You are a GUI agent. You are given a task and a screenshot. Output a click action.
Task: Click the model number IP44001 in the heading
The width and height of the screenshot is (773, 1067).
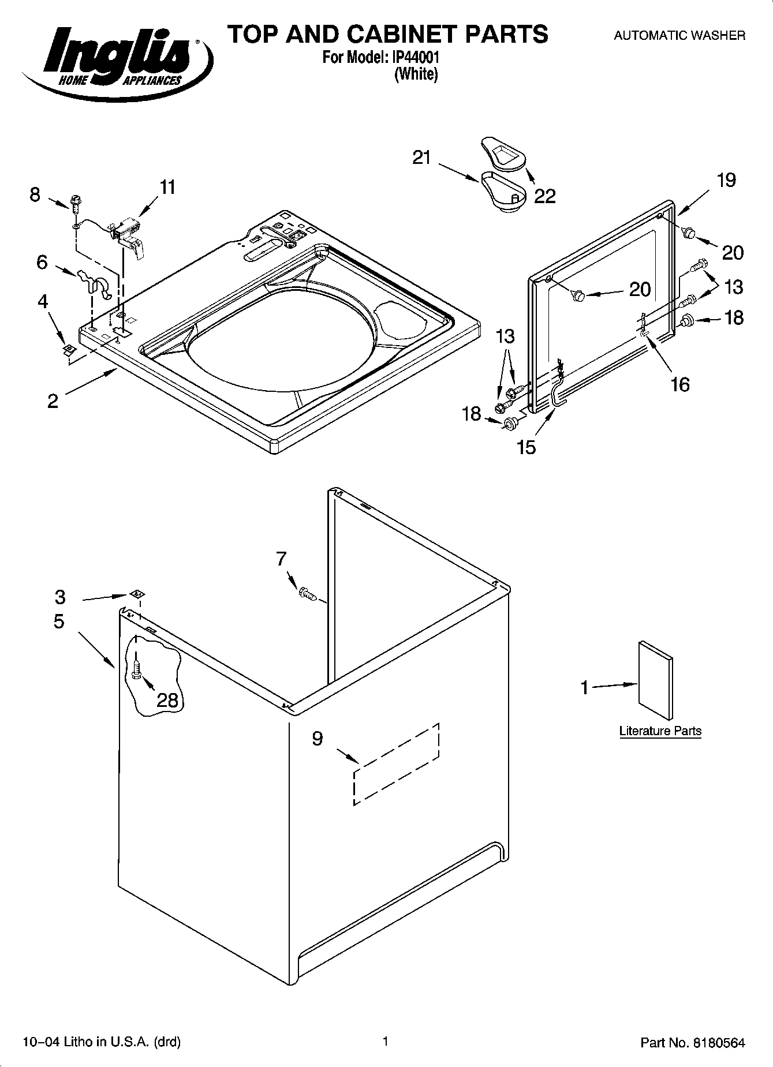pos(415,58)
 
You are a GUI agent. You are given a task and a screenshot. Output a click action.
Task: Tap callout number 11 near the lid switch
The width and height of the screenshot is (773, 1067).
pos(167,188)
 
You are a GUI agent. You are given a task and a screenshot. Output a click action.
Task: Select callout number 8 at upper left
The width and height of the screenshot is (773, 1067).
pos(35,195)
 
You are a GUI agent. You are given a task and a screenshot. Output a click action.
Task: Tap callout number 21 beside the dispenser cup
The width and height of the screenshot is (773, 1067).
pos(421,157)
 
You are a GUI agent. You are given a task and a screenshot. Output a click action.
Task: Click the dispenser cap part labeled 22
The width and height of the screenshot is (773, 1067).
pos(501,152)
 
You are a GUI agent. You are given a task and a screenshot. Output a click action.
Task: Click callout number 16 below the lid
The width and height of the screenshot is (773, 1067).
pos(680,384)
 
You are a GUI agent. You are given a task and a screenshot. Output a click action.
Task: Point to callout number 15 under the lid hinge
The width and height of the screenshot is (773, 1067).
pos(526,447)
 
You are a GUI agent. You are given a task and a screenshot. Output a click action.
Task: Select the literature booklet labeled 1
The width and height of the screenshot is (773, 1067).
pos(655,681)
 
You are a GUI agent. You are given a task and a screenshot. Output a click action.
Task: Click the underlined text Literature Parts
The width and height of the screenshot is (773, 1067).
pos(660,731)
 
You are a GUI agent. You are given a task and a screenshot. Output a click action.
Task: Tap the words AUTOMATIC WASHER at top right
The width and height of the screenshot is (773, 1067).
pos(679,36)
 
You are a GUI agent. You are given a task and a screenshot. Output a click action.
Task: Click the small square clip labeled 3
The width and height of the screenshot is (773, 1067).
pos(137,594)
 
